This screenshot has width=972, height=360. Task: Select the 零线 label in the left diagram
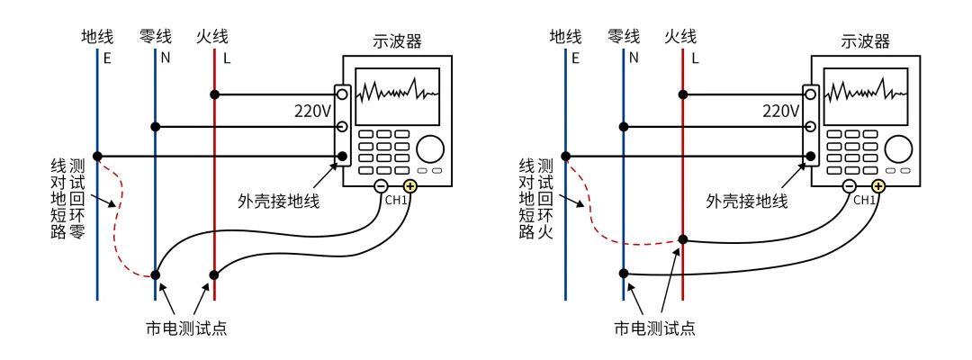point(155,37)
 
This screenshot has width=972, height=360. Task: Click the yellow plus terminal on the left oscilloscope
point(410,187)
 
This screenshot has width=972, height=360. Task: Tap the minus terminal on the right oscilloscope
point(849,187)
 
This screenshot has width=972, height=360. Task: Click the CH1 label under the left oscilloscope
point(396,200)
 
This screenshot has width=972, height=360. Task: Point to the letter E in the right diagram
point(575,59)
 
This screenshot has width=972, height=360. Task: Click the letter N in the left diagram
point(166,59)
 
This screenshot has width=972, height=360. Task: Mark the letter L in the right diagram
point(694,59)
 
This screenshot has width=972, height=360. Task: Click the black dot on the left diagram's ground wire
point(97,157)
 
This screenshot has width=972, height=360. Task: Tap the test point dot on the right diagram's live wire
point(683,240)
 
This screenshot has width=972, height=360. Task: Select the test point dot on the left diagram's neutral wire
point(156,274)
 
